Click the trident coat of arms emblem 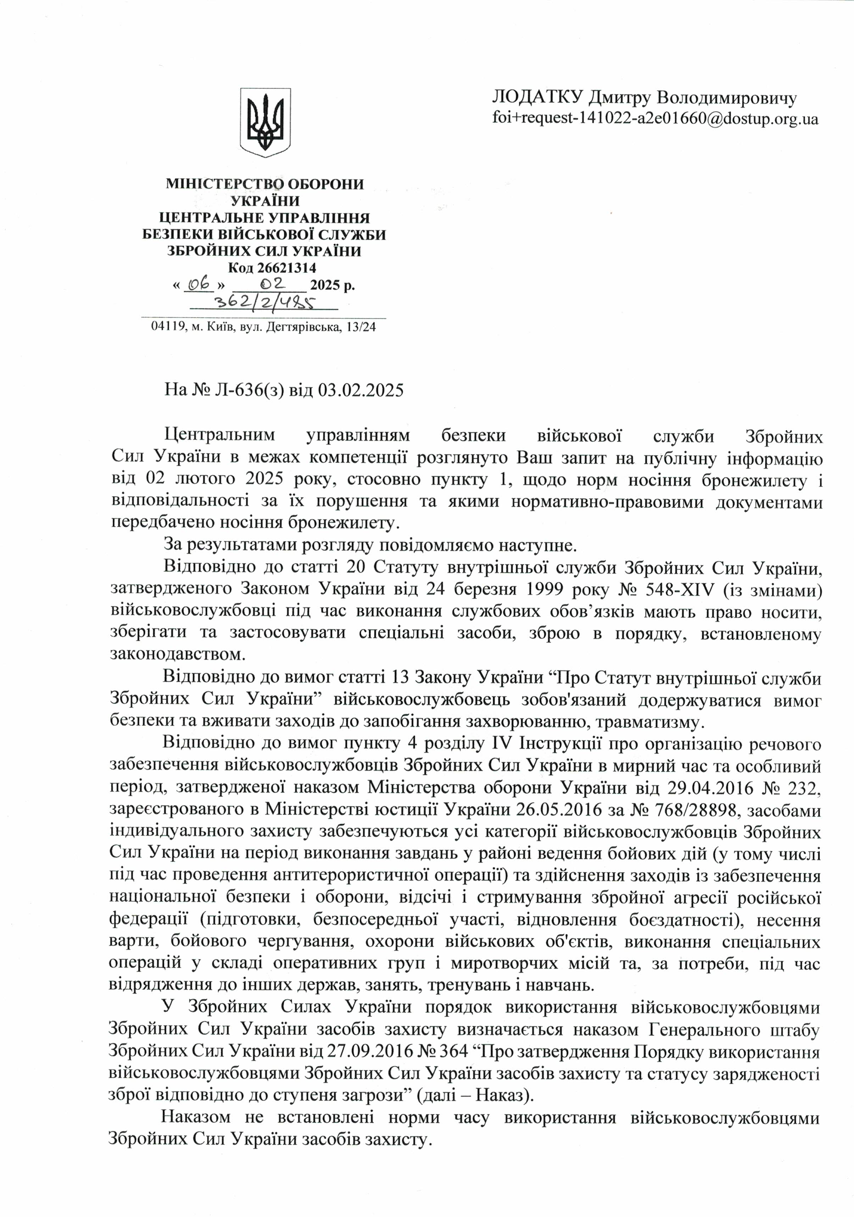pyautogui.click(x=266, y=123)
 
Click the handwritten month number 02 pyautogui.click(x=273, y=284)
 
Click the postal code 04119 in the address pyautogui.click(x=167, y=328)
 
